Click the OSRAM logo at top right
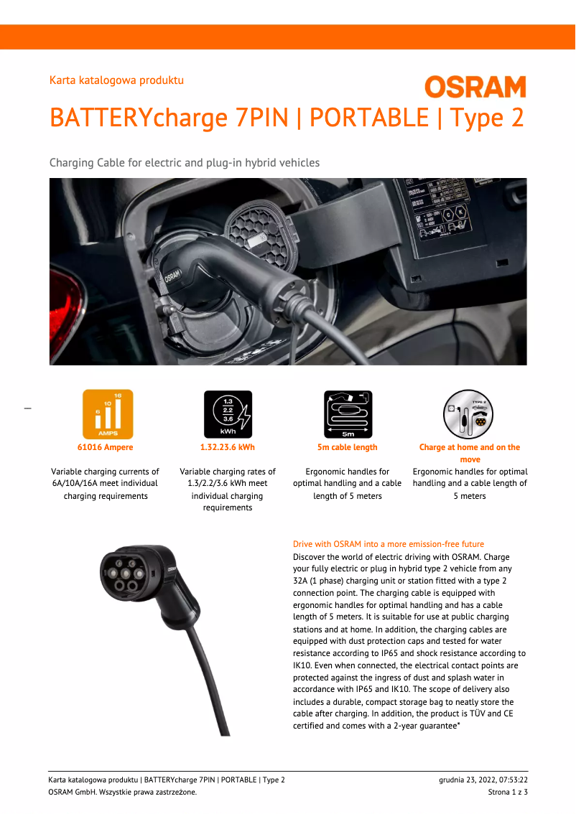(475, 88)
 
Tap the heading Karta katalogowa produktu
(116, 80)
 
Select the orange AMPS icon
(108, 414)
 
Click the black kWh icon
(228, 414)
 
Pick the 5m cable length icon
(348, 414)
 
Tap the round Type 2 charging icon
(468, 414)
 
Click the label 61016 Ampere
(105, 447)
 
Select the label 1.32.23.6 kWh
(227, 447)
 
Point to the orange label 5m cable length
(348, 447)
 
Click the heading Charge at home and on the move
(470, 453)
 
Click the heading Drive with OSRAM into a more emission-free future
(389, 544)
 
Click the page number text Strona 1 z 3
(508, 792)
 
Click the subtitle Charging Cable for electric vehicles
(184, 163)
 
